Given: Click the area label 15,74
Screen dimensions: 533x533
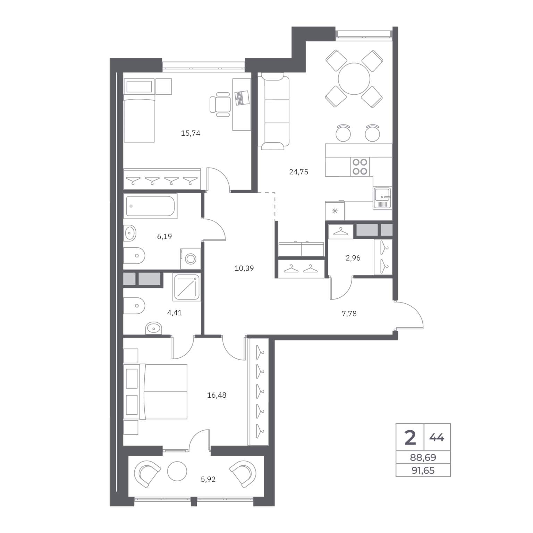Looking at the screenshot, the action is [191, 133].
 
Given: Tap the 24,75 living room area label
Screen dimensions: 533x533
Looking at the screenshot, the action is [298, 172].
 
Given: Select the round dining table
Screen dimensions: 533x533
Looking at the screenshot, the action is [354, 78].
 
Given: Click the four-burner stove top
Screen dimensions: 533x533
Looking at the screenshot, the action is [360, 167].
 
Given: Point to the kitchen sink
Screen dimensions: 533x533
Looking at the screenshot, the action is [382, 198].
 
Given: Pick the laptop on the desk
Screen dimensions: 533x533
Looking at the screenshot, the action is [242, 98].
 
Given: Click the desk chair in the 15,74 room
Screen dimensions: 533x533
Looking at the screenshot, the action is [220, 104].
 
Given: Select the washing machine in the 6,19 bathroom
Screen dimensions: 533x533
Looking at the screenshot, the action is [191, 259].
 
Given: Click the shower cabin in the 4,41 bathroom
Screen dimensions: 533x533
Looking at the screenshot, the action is [187, 287].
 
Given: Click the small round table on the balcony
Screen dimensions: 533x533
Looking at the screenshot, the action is [177, 471].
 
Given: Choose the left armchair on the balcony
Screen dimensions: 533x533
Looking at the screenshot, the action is [149, 473].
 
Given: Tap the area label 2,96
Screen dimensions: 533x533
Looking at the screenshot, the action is [353, 258].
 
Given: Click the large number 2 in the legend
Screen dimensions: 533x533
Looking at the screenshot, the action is [410, 437].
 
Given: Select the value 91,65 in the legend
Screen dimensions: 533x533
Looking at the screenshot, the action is [423, 471].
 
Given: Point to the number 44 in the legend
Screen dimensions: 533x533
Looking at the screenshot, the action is [437, 438].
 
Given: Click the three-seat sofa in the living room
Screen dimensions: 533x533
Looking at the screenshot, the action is [274, 111].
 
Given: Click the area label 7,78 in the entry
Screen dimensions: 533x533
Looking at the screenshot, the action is [349, 314].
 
